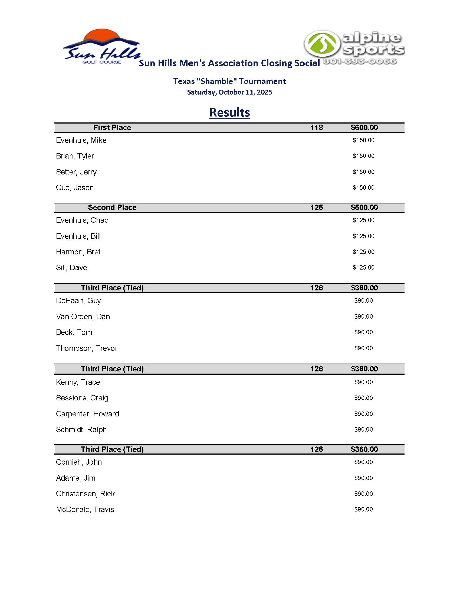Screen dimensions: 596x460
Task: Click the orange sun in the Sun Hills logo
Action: [x=102, y=35]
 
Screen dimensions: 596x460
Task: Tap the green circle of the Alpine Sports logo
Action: [x=322, y=44]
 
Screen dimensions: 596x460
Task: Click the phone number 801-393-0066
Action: [x=359, y=61]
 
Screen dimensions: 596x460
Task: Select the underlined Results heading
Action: [x=229, y=112]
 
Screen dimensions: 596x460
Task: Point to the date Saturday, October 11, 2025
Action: [x=229, y=92]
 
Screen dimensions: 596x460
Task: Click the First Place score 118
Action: [x=316, y=127]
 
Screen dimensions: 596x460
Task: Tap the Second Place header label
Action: [x=112, y=208]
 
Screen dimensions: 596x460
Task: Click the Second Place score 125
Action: [x=316, y=208]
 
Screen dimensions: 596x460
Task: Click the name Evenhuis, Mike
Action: [x=81, y=140]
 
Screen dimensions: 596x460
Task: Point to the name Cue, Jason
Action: [x=75, y=188]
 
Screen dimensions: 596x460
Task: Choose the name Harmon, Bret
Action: [x=78, y=252]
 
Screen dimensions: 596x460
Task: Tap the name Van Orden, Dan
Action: [x=83, y=316]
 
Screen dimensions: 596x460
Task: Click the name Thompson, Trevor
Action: [x=86, y=348]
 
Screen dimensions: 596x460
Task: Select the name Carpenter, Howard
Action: [x=87, y=414]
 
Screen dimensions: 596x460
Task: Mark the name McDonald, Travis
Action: [x=85, y=510]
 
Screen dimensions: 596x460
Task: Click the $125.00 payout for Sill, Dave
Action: [x=363, y=267]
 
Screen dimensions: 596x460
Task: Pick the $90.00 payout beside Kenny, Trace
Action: [x=363, y=382]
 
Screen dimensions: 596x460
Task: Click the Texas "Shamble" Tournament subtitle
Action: [x=229, y=81]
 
